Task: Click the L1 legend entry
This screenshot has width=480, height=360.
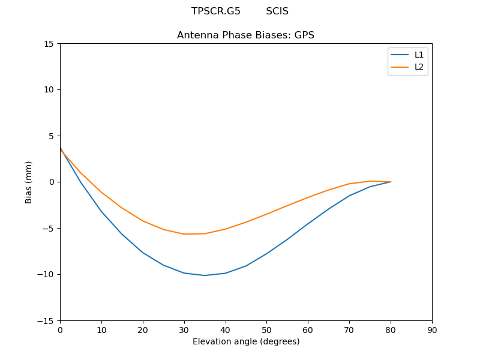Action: [419, 55]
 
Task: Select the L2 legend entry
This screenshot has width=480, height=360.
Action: [419, 67]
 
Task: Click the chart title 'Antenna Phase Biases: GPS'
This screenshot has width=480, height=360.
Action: [245, 35]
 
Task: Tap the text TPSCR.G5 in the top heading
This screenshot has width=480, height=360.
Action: [216, 11]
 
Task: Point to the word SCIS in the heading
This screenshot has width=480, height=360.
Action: [277, 11]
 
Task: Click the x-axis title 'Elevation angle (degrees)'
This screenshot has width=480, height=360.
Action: [246, 342]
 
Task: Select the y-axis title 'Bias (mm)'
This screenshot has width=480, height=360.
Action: [29, 182]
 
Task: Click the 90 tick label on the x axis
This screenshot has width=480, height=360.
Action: [432, 330]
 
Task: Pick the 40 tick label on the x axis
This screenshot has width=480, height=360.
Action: [226, 330]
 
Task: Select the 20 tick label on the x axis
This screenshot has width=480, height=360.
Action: [143, 330]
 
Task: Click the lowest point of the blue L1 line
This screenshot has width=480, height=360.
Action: [205, 275]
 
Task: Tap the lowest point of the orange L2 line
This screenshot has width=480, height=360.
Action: [184, 234]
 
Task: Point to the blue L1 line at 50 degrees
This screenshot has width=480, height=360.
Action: [266, 253]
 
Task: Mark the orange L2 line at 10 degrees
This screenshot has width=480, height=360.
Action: [101, 193]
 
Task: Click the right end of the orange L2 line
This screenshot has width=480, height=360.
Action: [391, 182]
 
